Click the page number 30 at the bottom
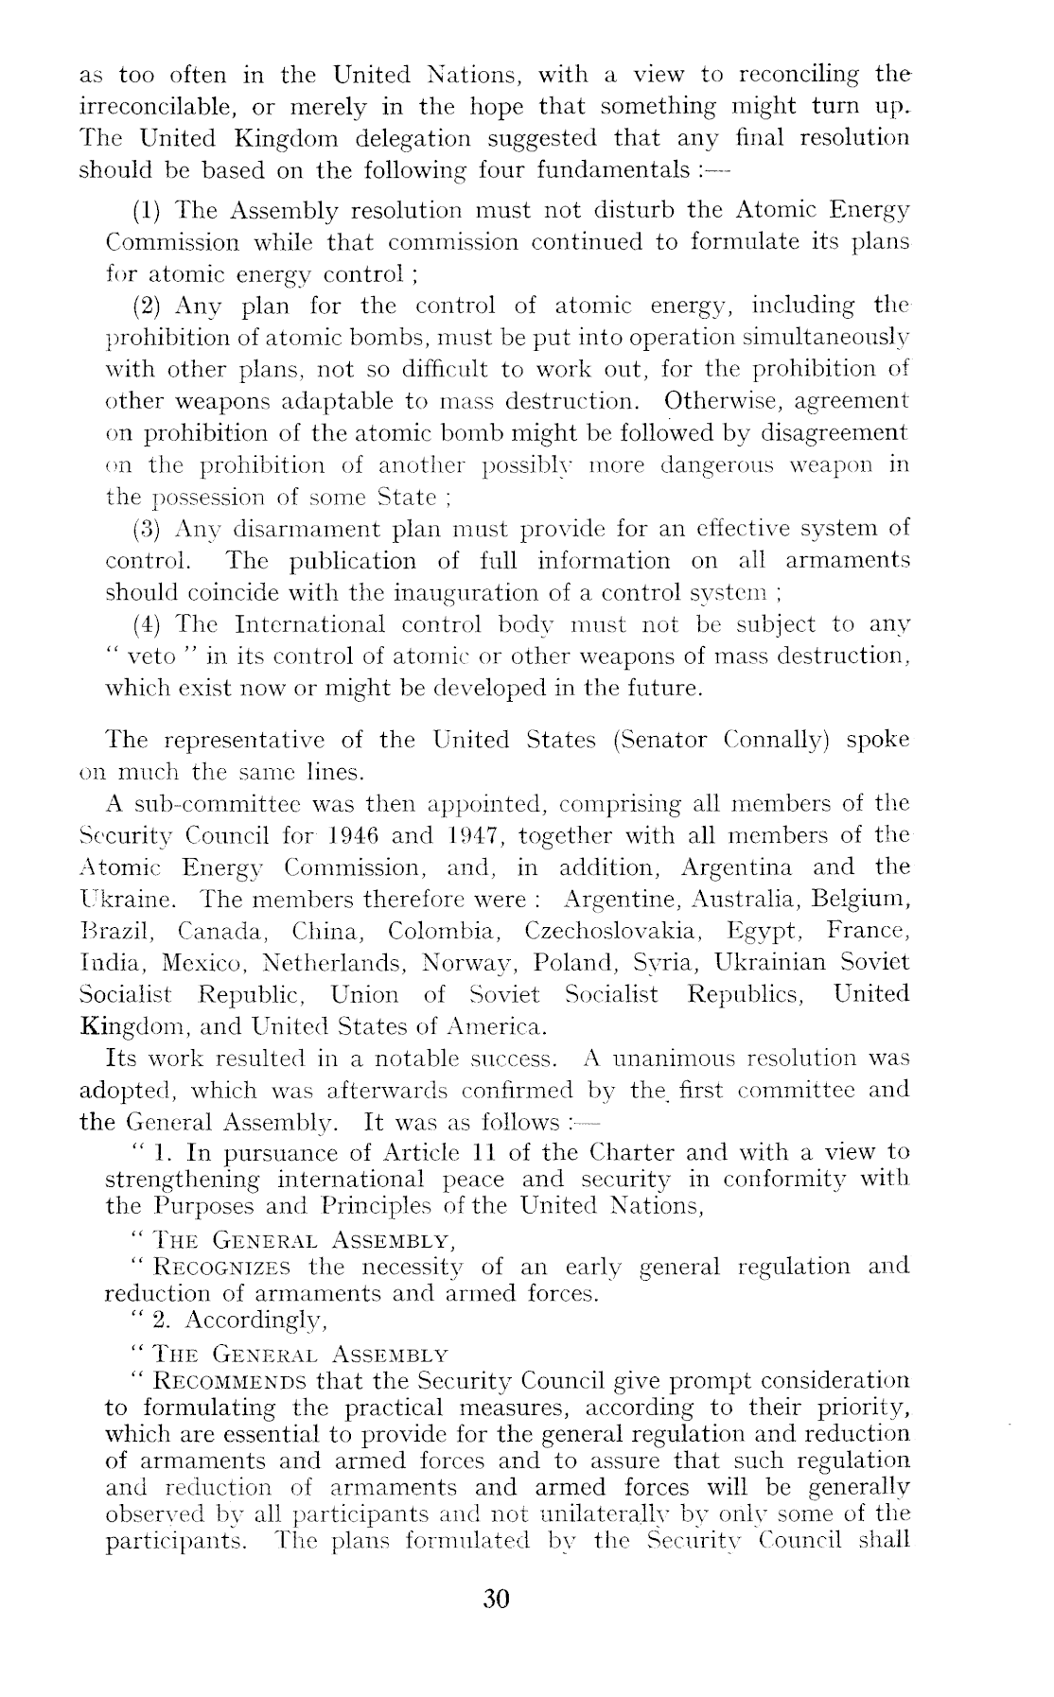click(x=496, y=1599)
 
